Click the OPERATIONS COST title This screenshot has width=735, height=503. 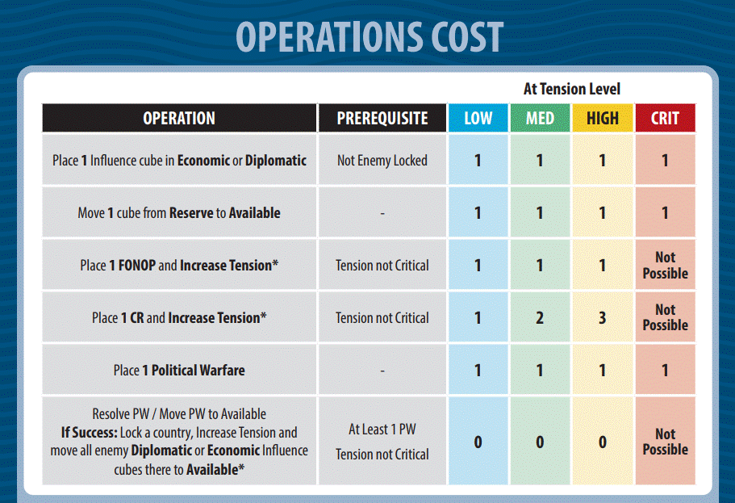pyautogui.click(x=370, y=36)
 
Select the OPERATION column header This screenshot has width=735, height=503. pyautogui.click(x=179, y=119)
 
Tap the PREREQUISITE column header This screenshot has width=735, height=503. pyautogui.click(x=382, y=119)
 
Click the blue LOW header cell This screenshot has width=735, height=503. pyautogui.click(x=478, y=119)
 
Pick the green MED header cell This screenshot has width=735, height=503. pyautogui.click(x=540, y=119)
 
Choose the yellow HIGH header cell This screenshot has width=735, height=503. pyautogui.click(x=603, y=119)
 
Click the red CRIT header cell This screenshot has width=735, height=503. pyautogui.click(x=665, y=119)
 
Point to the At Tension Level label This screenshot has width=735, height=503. pyautogui.click(x=572, y=89)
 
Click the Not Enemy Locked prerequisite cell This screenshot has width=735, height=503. pyautogui.click(x=382, y=161)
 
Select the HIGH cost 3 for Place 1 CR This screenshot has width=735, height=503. pyautogui.click(x=603, y=318)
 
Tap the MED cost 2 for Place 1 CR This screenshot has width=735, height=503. pyautogui.click(x=540, y=318)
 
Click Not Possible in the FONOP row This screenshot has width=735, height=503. pyautogui.click(x=665, y=266)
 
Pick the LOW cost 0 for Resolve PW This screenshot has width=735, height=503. pyautogui.click(x=478, y=442)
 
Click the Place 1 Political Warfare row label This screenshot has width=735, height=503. pyautogui.click(x=179, y=371)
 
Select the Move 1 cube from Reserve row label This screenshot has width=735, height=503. pyautogui.click(x=179, y=213)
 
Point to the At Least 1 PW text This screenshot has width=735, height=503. pyautogui.click(x=382, y=430)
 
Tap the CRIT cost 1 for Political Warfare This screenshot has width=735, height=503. pyautogui.click(x=665, y=371)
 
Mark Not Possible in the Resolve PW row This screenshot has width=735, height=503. pyautogui.click(x=665, y=442)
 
